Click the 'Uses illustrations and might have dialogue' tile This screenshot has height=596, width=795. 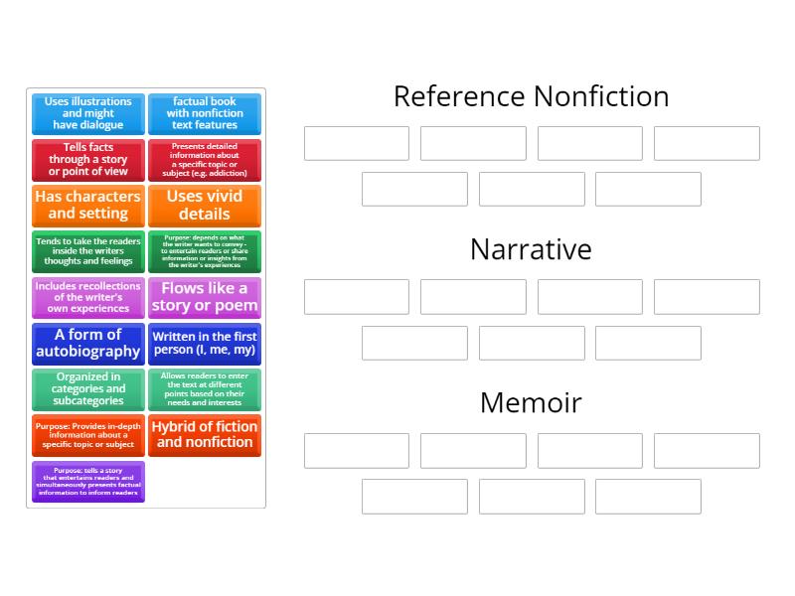[x=87, y=113]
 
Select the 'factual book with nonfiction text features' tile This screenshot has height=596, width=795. [x=205, y=113]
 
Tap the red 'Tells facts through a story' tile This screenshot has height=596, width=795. [x=87, y=160]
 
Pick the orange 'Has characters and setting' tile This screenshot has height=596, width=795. [x=87, y=206]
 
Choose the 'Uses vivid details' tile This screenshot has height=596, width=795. [x=205, y=206]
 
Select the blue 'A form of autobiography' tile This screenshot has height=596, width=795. [x=87, y=344]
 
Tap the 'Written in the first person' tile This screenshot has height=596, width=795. [x=205, y=344]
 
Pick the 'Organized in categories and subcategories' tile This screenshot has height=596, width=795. [x=87, y=389]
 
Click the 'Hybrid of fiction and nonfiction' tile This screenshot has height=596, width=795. [x=205, y=435]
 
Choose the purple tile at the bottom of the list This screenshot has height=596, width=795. [x=87, y=482]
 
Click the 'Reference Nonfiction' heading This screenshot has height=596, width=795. [x=531, y=96]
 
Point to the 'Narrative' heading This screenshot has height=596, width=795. [x=531, y=249]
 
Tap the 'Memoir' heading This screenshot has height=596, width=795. [x=531, y=402]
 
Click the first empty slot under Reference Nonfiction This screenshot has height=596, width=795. [x=357, y=143]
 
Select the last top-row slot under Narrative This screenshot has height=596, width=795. [x=707, y=297]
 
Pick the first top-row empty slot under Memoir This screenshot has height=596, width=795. [x=357, y=450]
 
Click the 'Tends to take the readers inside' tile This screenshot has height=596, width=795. [x=87, y=251]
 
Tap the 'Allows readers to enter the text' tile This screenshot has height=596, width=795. [x=205, y=389]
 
